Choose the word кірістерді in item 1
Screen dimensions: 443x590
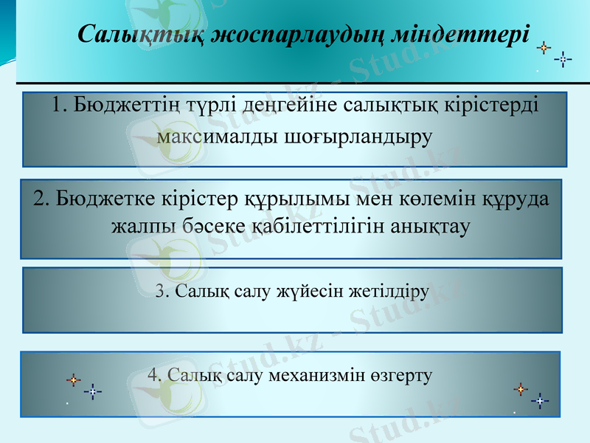pos(484,104)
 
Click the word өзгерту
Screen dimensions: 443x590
pos(401,375)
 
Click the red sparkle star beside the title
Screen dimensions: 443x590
pos(544,48)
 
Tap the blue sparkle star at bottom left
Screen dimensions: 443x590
pos(93,391)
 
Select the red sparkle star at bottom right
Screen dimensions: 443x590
pos(521,388)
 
